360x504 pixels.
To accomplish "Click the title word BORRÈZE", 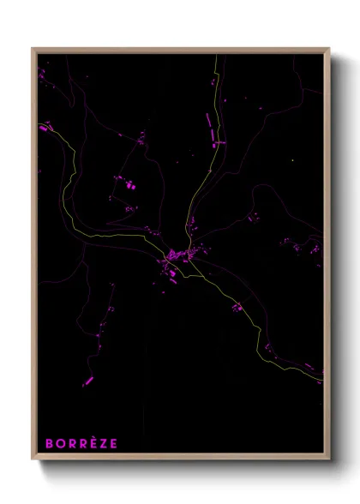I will pos(81,443).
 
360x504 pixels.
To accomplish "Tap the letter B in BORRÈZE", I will pos(50,443).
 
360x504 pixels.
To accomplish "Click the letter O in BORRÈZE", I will pos(60,443).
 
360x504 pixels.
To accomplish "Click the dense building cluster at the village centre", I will pos(177,255).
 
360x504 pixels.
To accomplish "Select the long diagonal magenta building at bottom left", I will pos(87,381).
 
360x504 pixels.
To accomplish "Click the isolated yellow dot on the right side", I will pos(292,159).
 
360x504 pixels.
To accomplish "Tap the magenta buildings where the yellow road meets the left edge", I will pos(44,129).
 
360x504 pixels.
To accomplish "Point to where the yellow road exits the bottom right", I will pos(319,377).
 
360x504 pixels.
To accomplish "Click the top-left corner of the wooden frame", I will pos(33,49).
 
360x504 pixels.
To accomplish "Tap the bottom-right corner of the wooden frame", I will pos(329,459).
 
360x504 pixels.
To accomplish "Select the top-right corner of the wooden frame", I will pos(329,49).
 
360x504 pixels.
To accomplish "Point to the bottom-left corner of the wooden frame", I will pos(33,459).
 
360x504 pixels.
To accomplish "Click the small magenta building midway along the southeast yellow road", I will pos(236,307).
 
